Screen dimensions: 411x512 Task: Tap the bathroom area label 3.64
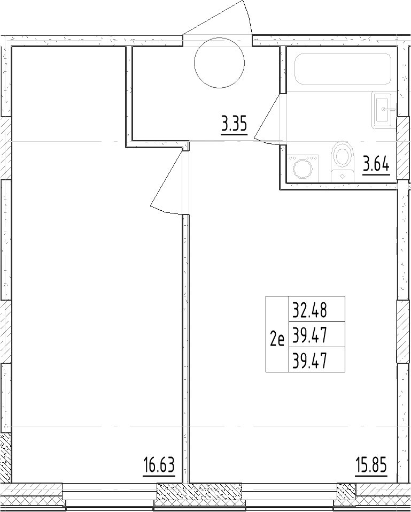pos(376,165)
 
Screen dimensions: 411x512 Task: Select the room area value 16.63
pos(159,466)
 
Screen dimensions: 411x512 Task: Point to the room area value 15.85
pos(371,465)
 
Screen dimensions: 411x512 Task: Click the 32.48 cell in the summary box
pos(309,310)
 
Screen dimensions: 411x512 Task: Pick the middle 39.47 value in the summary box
pos(309,335)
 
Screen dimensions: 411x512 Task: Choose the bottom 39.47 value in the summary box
pos(309,361)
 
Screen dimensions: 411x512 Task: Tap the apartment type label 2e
pos(277,340)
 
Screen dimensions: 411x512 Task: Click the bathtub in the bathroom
pos(343,69)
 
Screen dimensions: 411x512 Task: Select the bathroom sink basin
pos(382,110)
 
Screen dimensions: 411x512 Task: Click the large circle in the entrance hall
pos(219,63)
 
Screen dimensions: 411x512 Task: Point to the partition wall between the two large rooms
pos(185,349)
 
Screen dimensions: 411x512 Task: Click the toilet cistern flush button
pos(342,177)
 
